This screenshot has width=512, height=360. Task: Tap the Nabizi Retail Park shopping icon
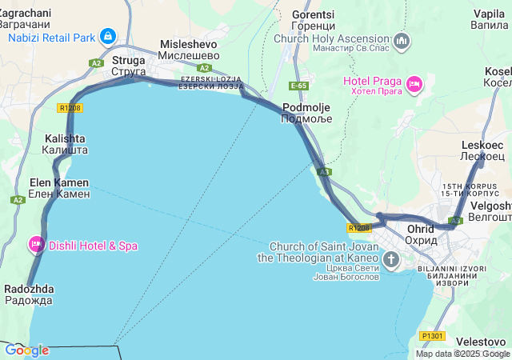coord(108,36)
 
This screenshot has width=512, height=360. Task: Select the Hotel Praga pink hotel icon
coord(414,83)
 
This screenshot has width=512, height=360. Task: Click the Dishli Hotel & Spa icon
coord(36,244)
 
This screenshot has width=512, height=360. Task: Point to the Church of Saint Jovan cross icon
coord(391,258)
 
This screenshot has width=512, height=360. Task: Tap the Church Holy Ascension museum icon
coord(402,40)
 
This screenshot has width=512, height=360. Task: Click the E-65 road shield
coord(299,85)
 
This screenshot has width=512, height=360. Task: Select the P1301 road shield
coord(432,336)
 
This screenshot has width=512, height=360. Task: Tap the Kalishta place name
coord(64,138)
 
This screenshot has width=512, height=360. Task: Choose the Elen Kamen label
coord(58,183)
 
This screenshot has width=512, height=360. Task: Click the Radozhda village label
coord(30,289)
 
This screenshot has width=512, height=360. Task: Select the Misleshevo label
coord(189,45)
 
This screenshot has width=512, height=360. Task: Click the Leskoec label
coord(482,145)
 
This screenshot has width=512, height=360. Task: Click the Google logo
coord(26,350)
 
